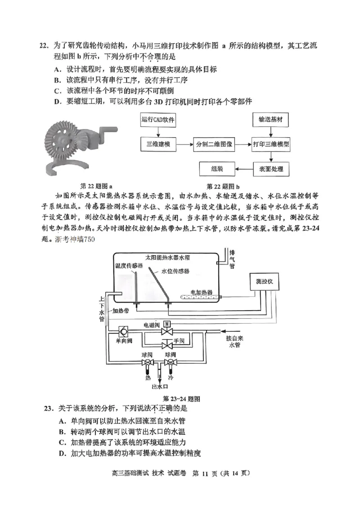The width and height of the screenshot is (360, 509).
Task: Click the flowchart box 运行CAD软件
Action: pyautogui.click(x=158, y=120)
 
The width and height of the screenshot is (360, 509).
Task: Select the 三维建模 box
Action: pyautogui.click(x=158, y=145)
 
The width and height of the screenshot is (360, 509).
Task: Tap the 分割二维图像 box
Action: pyautogui.click(x=214, y=145)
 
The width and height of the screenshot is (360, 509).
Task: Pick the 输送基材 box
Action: pyautogui.click(x=270, y=120)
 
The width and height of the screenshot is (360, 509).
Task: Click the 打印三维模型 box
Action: pyautogui.click(x=270, y=145)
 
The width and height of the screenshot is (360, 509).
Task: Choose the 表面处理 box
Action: pyautogui.click(x=270, y=170)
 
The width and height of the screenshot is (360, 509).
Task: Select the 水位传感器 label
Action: pyautogui.click(x=175, y=271)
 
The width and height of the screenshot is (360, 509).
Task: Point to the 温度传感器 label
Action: pyautogui.click(x=129, y=266)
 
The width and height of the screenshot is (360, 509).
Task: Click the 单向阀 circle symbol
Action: pyautogui.click(x=122, y=332)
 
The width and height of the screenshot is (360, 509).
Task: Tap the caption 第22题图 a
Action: pyautogui.click(x=96, y=186)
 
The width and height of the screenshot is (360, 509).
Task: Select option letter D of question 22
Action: pyautogui.click(x=57, y=102)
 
